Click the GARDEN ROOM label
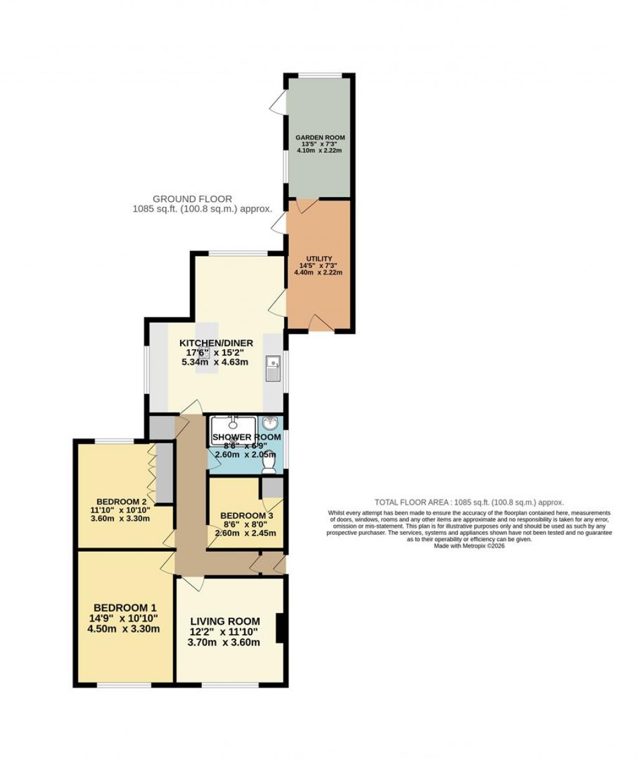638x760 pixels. point(320,138)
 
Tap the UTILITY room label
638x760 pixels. point(318,259)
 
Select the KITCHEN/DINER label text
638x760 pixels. point(216,343)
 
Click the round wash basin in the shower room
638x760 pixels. point(270,423)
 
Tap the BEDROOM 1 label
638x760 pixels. point(125,608)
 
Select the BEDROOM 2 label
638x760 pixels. point(121,502)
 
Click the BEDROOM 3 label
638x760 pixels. point(246,516)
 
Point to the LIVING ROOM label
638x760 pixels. point(224,622)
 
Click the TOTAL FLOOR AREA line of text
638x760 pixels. point(469,502)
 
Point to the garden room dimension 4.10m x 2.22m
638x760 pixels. point(320,150)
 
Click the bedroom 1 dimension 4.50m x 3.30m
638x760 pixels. point(125,629)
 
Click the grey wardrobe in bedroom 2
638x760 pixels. point(164,473)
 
